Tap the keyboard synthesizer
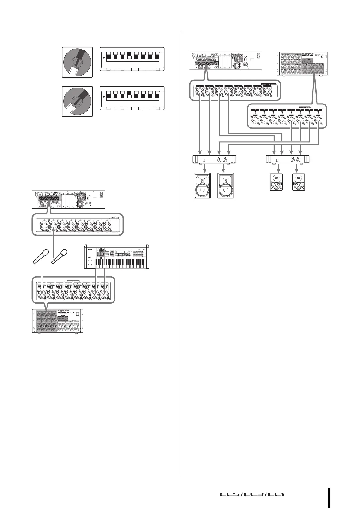tap(116, 256)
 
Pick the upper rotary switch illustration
tap(77, 62)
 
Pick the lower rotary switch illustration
tap(77, 101)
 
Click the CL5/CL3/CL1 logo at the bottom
tap(252, 494)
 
